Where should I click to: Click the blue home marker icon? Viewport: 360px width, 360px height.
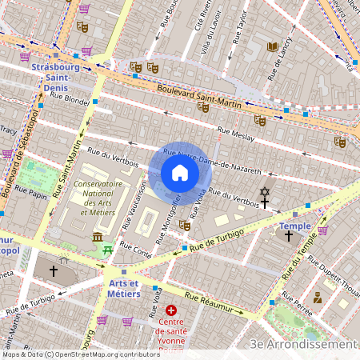point(179,173)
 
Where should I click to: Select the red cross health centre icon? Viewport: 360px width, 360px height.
point(170,310)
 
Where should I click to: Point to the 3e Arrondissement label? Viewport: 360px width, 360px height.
point(303,344)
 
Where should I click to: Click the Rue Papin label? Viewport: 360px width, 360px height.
point(32,193)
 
